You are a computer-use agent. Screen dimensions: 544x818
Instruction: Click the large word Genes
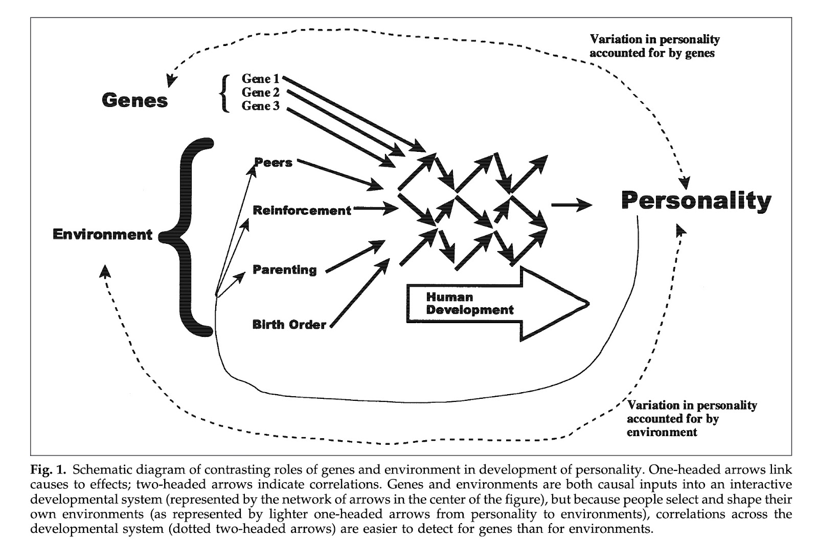pyautogui.click(x=134, y=100)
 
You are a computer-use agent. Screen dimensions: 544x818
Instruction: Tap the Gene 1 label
pyautogui.click(x=261, y=79)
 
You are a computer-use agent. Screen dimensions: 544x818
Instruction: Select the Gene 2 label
pyautogui.click(x=261, y=93)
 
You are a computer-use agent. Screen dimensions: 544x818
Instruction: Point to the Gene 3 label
pyautogui.click(x=261, y=106)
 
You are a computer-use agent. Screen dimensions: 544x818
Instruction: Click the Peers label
pyautogui.click(x=274, y=163)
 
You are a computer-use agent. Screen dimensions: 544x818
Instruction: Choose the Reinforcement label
pyautogui.click(x=302, y=210)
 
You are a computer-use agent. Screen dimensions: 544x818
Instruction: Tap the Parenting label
pyautogui.click(x=285, y=269)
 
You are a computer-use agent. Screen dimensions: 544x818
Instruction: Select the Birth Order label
pyautogui.click(x=289, y=324)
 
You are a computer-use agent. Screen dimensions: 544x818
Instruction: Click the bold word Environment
pyautogui.click(x=103, y=235)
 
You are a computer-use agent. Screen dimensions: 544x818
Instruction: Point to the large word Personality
pyautogui.click(x=696, y=200)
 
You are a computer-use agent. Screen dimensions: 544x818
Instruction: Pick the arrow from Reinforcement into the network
pyautogui.click(x=376, y=209)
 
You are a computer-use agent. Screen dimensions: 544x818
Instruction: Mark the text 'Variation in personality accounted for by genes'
pyautogui.click(x=654, y=46)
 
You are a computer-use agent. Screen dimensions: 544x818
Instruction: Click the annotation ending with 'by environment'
pyautogui.click(x=692, y=419)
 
